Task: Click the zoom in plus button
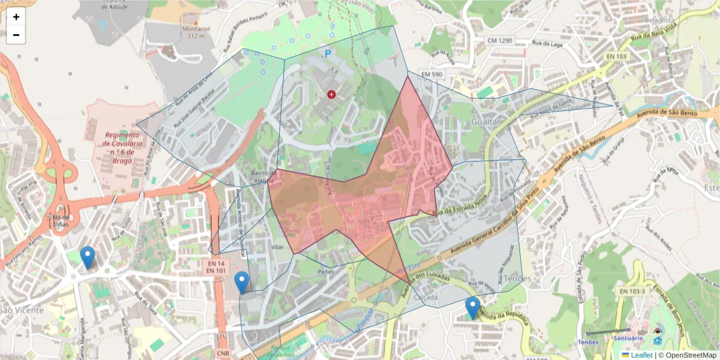point(16,17)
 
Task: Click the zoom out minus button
point(16,35)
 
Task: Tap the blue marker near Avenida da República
point(473,308)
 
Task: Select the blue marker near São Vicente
point(88,257)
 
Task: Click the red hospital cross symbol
point(331,94)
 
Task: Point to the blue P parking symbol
point(328,54)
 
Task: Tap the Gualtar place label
point(486,122)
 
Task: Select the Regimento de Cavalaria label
point(122,143)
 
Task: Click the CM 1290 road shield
point(500,40)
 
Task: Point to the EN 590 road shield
point(431,74)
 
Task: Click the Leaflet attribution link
point(641,355)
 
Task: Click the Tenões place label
point(518,279)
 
